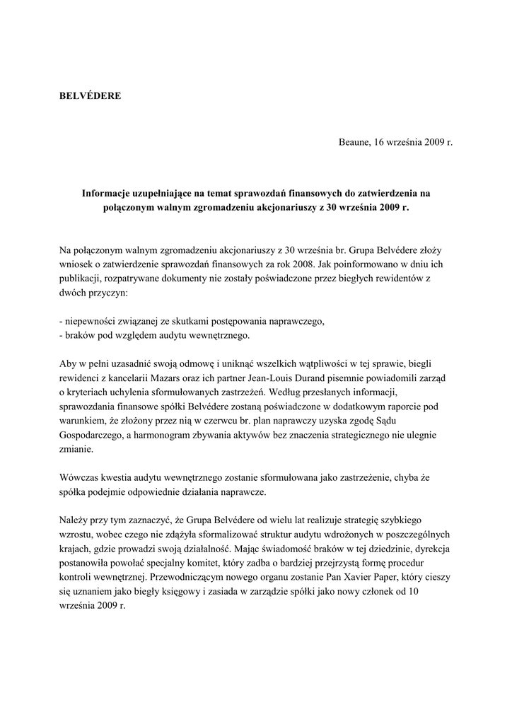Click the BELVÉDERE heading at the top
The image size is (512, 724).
[x=89, y=95]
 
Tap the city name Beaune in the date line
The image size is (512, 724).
[x=354, y=142]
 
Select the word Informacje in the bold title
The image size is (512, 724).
[x=107, y=192]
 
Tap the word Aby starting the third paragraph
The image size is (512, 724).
[x=68, y=364]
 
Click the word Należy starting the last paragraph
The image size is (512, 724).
[x=75, y=520]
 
